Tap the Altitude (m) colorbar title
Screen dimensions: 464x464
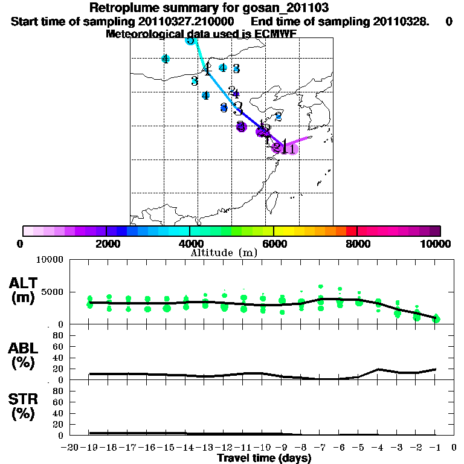(x=224, y=253)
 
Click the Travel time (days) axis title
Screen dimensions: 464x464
(x=264, y=459)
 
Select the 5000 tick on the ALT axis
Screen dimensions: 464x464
(x=53, y=292)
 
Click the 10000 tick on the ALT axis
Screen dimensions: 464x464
(x=50, y=260)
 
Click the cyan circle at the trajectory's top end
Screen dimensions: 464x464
(x=190, y=40)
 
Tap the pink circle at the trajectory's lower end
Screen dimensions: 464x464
(x=292, y=149)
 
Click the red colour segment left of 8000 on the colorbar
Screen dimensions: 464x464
(x=351, y=231)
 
